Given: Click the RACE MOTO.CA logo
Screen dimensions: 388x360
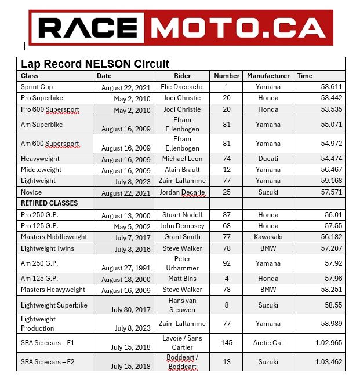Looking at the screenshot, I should (180, 27).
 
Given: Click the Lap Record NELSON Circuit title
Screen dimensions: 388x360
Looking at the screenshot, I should (95, 64).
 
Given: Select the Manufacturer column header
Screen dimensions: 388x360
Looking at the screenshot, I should (268, 76).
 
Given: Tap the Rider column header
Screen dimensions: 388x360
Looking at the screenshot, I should (182, 76).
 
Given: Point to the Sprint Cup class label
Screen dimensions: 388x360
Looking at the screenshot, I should (37, 87).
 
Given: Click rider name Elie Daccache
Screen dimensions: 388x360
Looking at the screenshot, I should (182, 87).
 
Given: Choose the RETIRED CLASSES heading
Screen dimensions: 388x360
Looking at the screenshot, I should (49, 203).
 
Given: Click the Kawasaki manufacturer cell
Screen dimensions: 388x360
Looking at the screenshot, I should (268, 236).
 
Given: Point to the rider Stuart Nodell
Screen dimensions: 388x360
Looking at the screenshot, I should (182, 215).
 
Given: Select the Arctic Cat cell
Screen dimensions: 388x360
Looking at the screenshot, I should (268, 343).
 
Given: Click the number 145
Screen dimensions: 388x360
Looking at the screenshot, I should (227, 343).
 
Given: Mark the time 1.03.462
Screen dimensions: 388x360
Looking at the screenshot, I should (329, 362).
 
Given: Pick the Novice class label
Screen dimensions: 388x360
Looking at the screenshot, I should (31, 192).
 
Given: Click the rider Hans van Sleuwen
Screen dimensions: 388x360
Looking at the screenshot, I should (182, 305).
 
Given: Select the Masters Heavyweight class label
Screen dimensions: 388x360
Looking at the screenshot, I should (53, 290).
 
